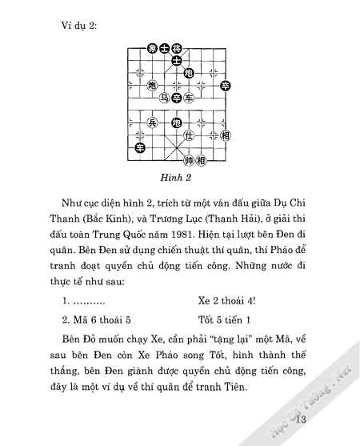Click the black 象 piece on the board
pyautogui.click(x=151, y=48)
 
